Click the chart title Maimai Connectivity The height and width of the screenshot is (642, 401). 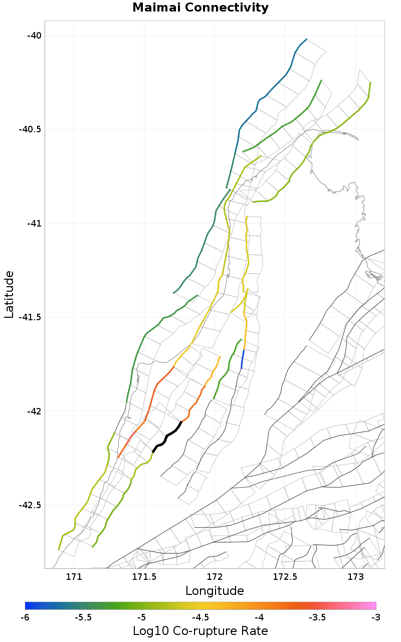200,8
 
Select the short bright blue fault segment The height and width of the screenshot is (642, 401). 243,359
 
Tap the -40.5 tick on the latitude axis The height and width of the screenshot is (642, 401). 30,129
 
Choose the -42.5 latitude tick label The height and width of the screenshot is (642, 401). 30,505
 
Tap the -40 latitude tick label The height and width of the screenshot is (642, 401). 33,35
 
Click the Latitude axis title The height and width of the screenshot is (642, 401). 9,294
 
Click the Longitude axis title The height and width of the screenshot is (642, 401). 215,591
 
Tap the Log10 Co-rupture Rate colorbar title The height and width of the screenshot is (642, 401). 200,630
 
